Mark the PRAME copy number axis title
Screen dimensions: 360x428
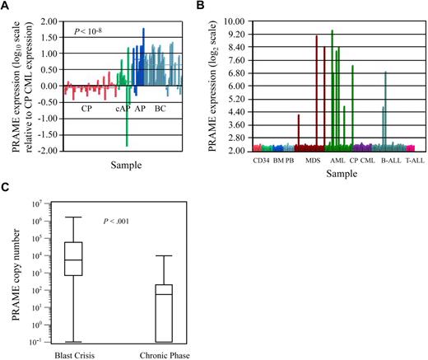pyautogui.click(x=12, y=273)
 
